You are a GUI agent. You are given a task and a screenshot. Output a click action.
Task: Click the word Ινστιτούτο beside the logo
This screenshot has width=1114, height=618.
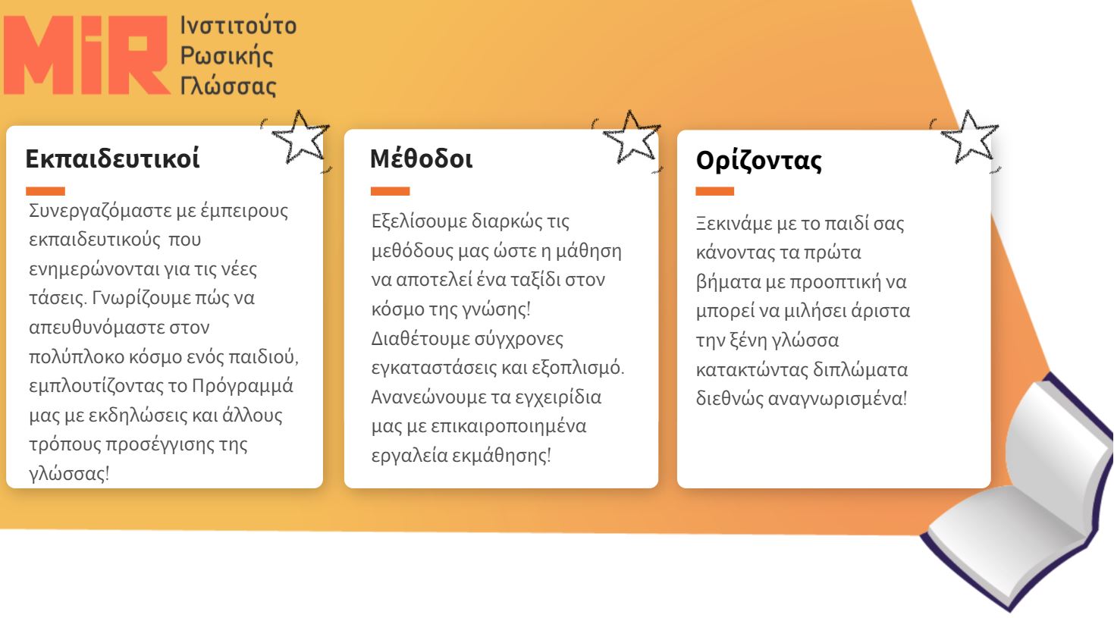tap(238, 25)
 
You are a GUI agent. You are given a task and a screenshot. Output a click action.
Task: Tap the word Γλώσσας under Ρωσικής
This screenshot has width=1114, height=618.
tap(228, 86)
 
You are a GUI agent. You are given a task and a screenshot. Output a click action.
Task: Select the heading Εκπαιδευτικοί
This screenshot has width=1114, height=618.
tap(112, 158)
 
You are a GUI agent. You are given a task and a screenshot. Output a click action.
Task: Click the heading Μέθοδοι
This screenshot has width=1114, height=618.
tap(421, 158)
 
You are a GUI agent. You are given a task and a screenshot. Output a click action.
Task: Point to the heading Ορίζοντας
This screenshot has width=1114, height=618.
tap(759, 161)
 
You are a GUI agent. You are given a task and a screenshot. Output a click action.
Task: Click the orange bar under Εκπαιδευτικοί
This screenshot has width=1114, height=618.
tap(46, 191)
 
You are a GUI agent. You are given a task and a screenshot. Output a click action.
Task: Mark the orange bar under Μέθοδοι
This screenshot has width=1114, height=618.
tap(390, 191)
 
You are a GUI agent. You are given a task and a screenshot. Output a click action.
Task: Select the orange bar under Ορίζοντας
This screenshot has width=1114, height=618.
tap(714, 191)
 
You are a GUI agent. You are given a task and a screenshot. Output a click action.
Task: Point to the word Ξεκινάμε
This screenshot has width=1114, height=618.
tap(733, 224)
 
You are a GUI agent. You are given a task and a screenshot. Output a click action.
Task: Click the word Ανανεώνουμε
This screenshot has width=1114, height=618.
tap(422, 397)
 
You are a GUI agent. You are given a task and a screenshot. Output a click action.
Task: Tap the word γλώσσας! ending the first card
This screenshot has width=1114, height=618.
tap(69, 473)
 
